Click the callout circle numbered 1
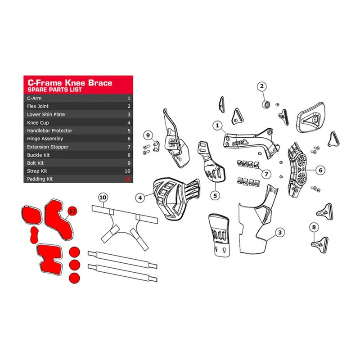pos(217,126)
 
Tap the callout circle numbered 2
pos(262,86)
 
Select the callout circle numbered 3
pos(280,232)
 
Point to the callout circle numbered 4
pos(141,197)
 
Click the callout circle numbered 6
pos(320,171)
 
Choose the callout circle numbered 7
pos(267,174)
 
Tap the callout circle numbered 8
pos(314,227)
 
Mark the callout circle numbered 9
pos(147,135)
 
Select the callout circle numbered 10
pos(103,197)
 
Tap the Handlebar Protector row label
pos(49,130)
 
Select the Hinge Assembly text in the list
pos(45,139)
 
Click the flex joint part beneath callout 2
pos(266,104)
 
